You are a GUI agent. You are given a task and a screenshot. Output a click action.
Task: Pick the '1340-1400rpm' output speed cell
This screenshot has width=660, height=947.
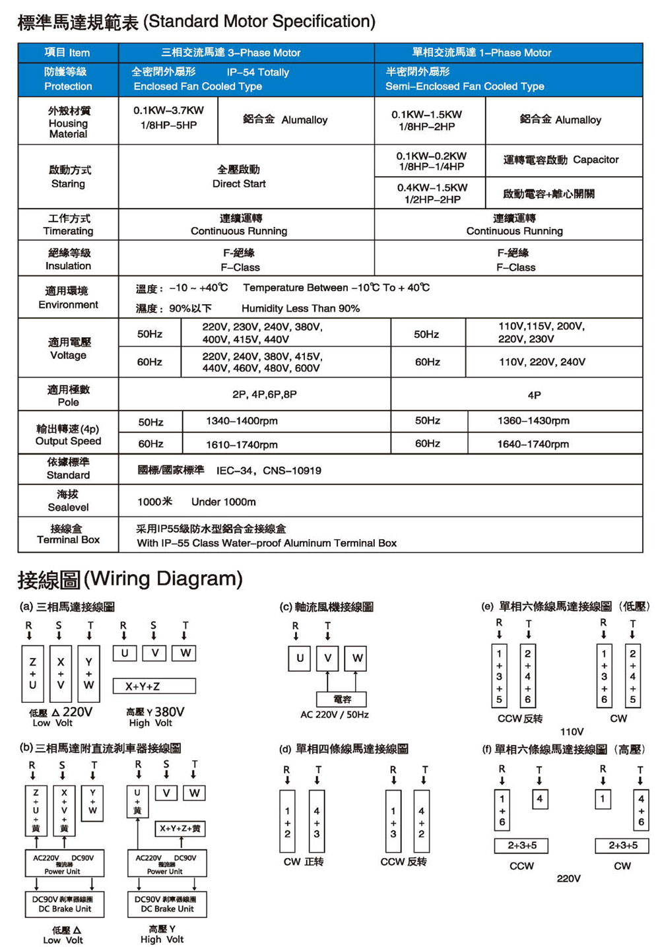tap(242, 421)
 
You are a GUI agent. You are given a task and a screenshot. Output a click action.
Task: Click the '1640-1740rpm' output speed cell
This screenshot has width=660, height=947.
tap(533, 444)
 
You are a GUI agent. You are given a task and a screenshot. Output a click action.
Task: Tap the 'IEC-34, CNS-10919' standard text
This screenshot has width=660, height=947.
tap(269, 471)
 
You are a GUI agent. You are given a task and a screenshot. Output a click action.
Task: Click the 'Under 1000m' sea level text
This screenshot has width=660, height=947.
tap(223, 502)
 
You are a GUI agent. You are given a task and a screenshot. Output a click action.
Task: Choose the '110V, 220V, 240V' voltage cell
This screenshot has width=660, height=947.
tap(542, 362)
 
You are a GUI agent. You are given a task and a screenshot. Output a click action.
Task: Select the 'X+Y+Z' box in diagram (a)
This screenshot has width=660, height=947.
tap(154, 686)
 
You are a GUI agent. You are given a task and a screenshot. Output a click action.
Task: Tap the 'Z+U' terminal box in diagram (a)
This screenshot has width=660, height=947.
tap(32, 673)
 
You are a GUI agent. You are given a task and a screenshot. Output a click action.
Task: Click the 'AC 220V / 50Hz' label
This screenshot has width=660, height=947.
tap(335, 715)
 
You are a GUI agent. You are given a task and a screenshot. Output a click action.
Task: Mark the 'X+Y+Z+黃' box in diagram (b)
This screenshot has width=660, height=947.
tap(180, 828)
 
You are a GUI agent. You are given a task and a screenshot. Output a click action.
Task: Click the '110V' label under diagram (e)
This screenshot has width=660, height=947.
tap(572, 731)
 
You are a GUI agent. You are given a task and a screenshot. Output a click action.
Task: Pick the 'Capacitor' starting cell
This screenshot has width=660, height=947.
tap(561, 160)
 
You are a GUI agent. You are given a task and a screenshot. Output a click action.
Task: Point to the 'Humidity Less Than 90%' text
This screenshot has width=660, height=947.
tap(300, 308)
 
